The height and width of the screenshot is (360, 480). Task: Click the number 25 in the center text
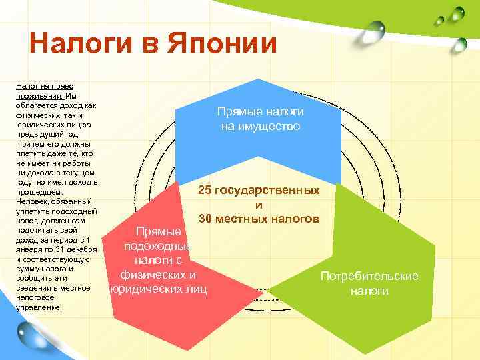[x=207, y=191]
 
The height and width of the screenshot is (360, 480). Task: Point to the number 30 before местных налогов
[x=207, y=219]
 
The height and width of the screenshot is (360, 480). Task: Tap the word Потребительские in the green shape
[x=369, y=276]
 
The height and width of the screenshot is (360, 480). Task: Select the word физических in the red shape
[x=158, y=274]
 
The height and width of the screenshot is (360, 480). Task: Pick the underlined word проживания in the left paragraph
[x=37, y=96]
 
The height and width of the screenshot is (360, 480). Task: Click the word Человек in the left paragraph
[x=31, y=201]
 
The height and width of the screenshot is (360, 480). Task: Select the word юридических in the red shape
[x=140, y=289]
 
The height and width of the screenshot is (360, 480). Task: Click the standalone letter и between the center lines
[x=259, y=205]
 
